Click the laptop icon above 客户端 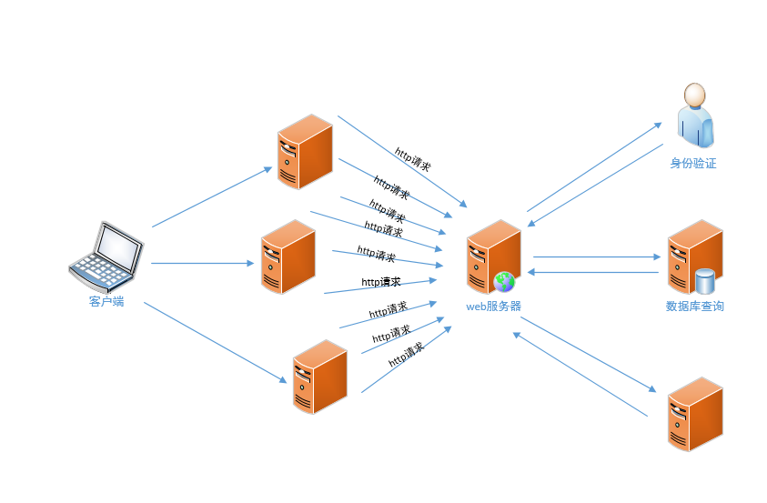pyautogui.click(x=106, y=255)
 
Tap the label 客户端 pyautogui.click(x=106, y=301)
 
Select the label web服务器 pyautogui.click(x=493, y=307)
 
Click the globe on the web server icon pyautogui.click(x=504, y=281)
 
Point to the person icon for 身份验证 pyautogui.click(x=695, y=115)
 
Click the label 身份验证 pyautogui.click(x=693, y=164)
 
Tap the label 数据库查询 pyautogui.click(x=695, y=307)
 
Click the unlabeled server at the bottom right pyautogui.click(x=695, y=414)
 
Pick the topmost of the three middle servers pyautogui.click(x=305, y=152)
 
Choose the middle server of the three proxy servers pyautogui.click(x=288, y=257)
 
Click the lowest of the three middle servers pyautogui.click(x=319, y=377)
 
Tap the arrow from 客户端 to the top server pyautogui.click(x=212, y=196)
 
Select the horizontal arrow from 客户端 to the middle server pyautogui.click(x=202, y=264)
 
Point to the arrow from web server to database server pyautogui.click(x=595, y=257)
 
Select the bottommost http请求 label pyautogui.click(x=406, y=355)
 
